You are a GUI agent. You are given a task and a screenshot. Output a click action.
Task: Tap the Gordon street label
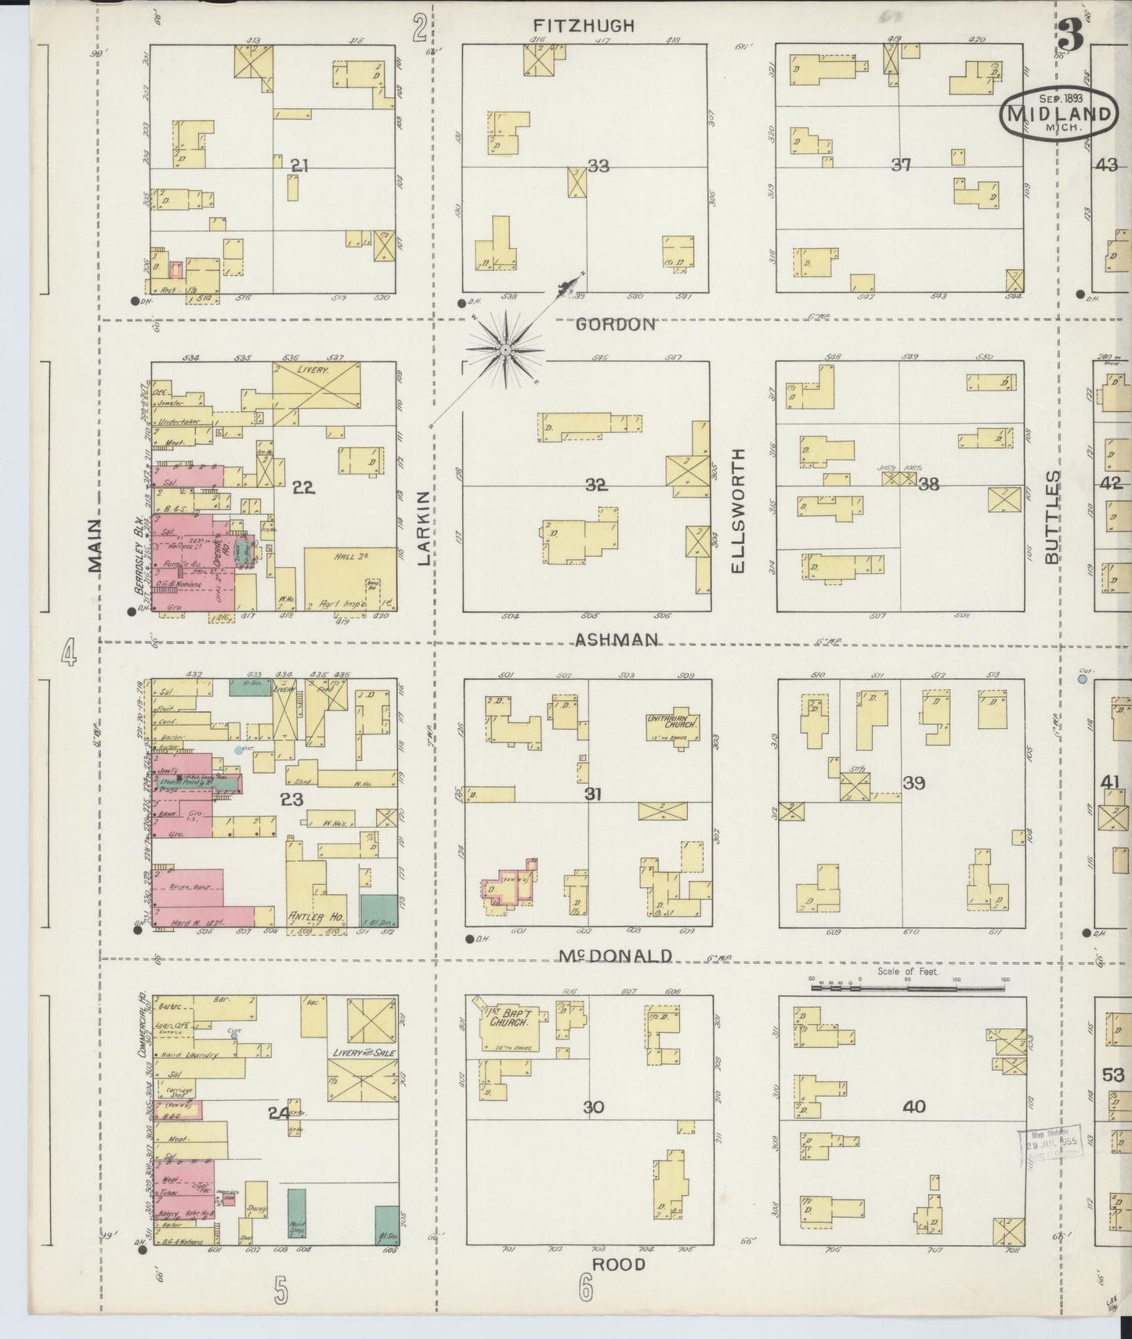pos(615,324)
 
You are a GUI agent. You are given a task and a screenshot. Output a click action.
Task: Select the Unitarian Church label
pos(671,722)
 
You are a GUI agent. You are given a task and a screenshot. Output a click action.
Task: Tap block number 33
pos(599,166)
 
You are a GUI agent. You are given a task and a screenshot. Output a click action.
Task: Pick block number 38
pos(928,484)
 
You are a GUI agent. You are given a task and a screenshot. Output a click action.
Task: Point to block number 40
pos(913,1106)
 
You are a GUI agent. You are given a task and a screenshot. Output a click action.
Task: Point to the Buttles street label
pos(1052,516)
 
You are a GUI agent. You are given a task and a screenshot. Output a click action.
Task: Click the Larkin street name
pos(424,528)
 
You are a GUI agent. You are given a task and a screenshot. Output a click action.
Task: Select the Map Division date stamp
pos(1052,1143)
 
